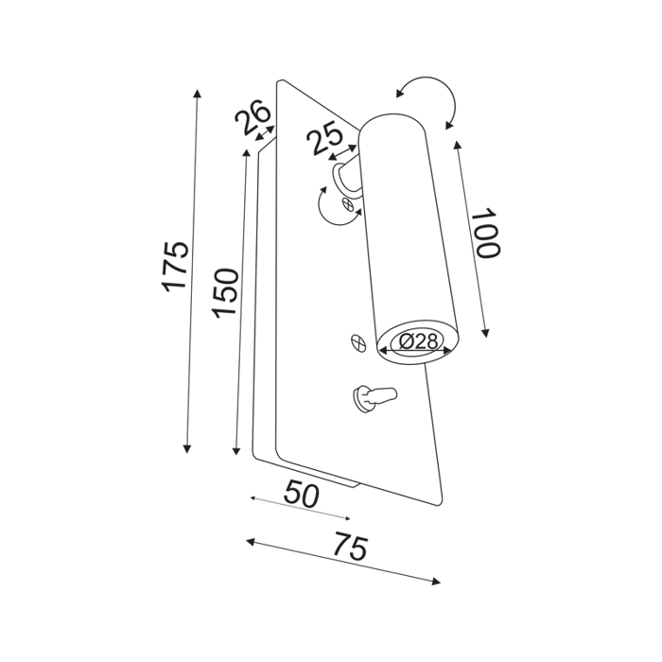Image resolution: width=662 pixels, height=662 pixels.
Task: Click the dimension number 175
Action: tap(176, 267)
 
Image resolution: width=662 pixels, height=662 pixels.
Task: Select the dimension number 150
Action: tap(225, 292)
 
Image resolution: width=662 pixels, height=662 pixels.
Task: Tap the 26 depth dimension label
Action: tap(251, 119)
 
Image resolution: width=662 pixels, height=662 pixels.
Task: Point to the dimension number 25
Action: tap(325, 140)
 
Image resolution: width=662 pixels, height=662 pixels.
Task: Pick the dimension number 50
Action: tap(302, 495)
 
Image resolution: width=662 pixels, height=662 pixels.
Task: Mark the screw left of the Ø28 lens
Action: tap(357, 341)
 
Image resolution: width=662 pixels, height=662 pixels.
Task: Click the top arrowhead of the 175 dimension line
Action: tap(197, 93)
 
